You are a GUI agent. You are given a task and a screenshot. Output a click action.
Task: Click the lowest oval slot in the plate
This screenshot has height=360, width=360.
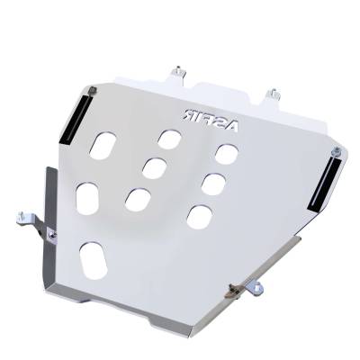click(x=93, y=259)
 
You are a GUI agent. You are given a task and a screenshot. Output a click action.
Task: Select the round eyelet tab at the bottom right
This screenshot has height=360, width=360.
click(x=259, y=288)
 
